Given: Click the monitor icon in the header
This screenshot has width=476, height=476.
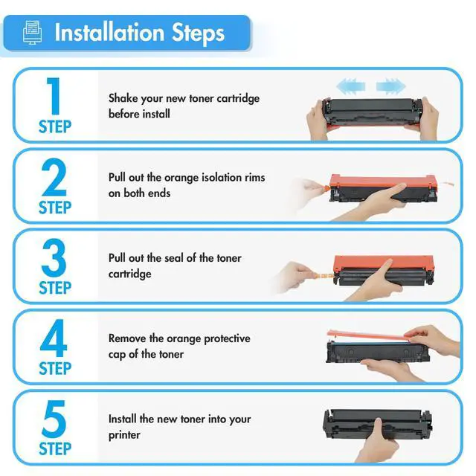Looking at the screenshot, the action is point(33,32).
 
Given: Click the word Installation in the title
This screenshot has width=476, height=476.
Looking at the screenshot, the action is point(109,33).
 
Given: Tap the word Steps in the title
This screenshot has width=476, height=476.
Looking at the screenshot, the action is point(199,33).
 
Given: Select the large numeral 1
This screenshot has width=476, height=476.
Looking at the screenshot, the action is point(54,96).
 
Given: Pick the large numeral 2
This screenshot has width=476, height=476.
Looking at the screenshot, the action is point(54,177).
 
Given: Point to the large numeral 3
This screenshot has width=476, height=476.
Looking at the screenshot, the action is point(54,257).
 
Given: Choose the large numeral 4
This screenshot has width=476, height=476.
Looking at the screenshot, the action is point(54,338).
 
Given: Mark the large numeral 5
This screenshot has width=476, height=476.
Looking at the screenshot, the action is point(54,419).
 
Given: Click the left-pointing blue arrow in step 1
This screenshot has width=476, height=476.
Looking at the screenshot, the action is point(350,86).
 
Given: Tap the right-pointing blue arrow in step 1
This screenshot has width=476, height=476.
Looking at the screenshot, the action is point(391,86).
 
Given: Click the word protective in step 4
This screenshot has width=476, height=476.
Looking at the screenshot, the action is point(227,339).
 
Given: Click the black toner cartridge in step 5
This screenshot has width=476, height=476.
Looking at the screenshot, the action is point(377,424).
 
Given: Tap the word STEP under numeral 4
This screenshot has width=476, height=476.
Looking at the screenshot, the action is point(55,369).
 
